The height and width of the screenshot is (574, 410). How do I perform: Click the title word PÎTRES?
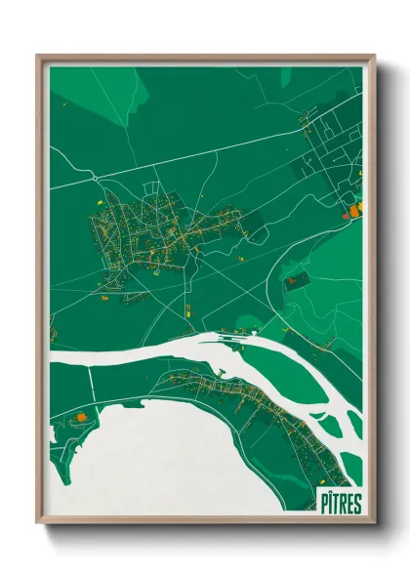click(338, 504)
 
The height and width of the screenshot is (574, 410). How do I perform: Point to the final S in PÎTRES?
click(356, 504)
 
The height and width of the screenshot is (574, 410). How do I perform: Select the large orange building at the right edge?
click(355, 207)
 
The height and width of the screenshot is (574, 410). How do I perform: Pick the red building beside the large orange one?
click(345, 211)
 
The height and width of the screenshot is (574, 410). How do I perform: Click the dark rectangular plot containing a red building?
click(294, 280)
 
